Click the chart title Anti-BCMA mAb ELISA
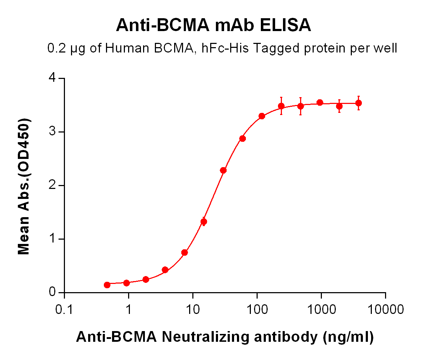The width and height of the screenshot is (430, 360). tap(213, 26)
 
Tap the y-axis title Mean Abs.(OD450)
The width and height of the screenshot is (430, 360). tap(24, 186)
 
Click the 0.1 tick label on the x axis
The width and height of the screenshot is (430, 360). tap(64, 309)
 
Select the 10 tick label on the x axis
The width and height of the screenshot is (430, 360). tap(193, 309)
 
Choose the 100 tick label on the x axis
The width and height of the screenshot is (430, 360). tap(257, 309)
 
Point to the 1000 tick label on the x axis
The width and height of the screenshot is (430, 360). tap(321, 309)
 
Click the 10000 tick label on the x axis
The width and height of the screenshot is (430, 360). tap(385, 309)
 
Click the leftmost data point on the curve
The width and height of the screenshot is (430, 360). tap(107, 285)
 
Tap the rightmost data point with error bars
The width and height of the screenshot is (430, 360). tap(359, 103)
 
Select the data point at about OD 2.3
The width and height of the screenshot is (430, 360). tap(223, 170)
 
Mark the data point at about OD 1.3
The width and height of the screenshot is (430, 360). tap(204, 222)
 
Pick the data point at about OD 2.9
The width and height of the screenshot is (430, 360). tap(243, 139)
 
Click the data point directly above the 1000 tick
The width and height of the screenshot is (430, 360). tap(320, 103)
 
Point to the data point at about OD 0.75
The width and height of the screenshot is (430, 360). tap(184, 252)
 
